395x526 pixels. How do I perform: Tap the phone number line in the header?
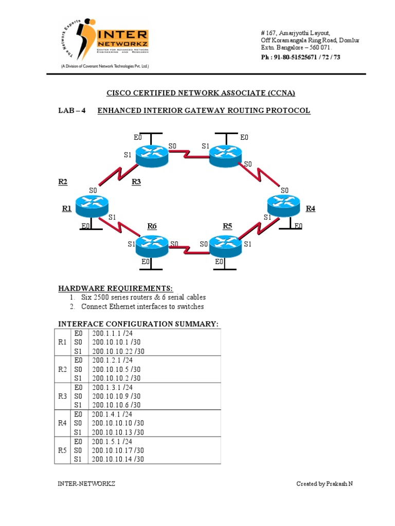point(301,57)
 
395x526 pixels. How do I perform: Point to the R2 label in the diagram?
point(63,181)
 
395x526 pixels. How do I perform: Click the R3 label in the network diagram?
point(136,181)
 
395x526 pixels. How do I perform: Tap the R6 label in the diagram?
point(152,226)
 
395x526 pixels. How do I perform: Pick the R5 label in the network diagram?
point(227,226)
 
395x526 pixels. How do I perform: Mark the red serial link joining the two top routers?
point(188,152)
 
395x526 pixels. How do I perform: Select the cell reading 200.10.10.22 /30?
point(118,351)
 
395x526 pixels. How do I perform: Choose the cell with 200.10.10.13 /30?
point(118,432)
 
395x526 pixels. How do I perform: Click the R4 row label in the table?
point(62,423)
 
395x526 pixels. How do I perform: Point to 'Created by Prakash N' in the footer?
point(324,484)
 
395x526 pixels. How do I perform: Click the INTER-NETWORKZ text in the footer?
point(86,484)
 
